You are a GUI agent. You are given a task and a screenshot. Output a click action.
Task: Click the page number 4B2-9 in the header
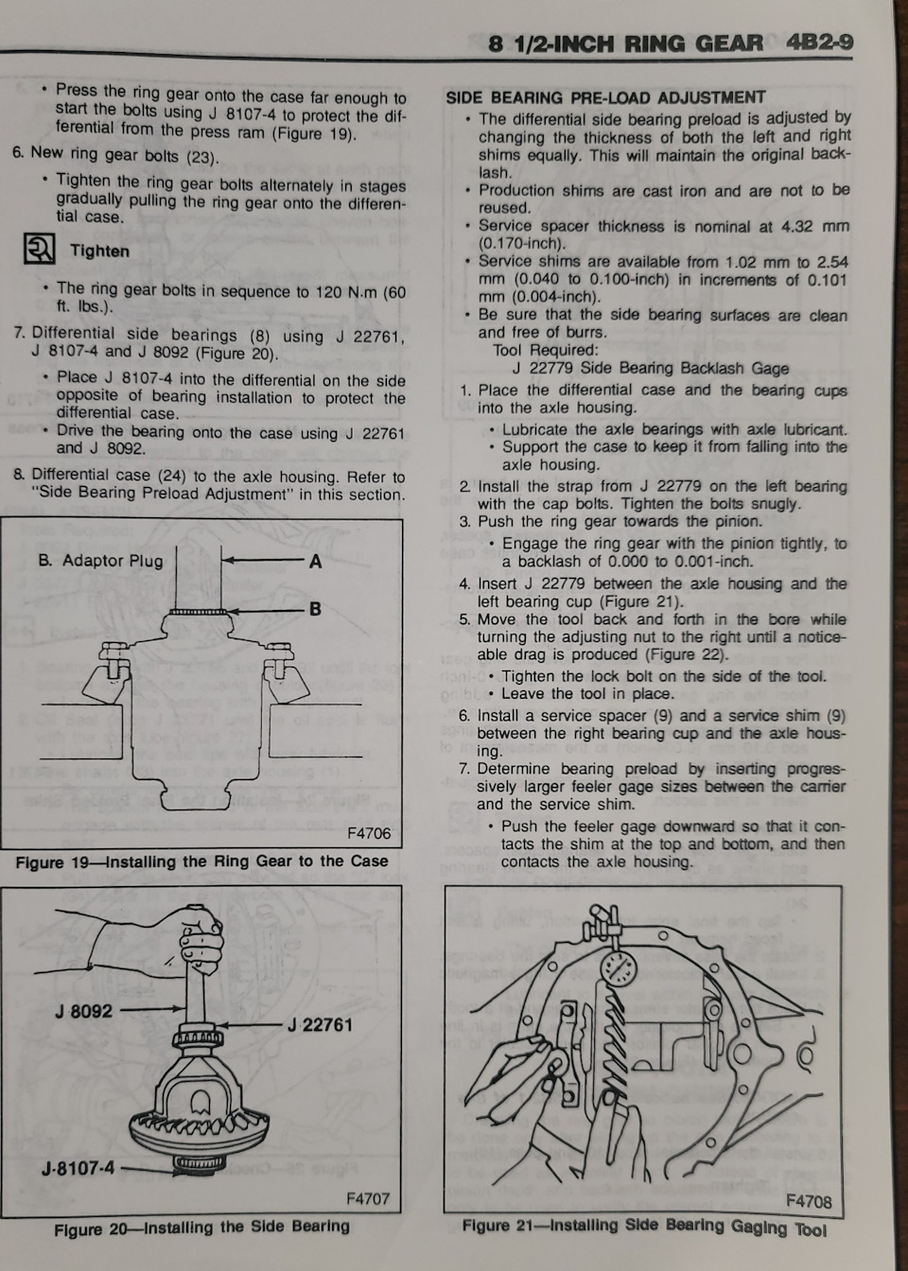click(818, 44)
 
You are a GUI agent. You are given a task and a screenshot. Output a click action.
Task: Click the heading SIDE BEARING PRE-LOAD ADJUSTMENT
click(605, 97)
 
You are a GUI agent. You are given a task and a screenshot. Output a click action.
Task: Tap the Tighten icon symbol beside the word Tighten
click(40, 251)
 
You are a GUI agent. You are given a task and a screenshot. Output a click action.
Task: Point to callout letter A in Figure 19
click(316, 562)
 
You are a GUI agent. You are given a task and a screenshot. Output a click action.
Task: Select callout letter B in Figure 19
click(315, 609)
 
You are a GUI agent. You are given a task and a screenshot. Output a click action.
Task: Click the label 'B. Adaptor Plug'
click(100, 561)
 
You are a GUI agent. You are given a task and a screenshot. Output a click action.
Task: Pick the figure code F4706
click(368, 833)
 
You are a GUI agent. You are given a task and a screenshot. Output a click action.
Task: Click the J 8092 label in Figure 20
click(83, 1011)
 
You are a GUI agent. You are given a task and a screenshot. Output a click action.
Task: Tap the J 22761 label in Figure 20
click(320, 1024)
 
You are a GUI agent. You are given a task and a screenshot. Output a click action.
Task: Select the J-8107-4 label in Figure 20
click(78, 1168)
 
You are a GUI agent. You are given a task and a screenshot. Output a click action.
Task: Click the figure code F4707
click(368, 1198)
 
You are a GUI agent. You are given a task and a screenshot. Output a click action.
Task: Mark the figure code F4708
click(809, 1201)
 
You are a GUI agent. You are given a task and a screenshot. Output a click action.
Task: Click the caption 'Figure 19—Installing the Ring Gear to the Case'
click(201, 862)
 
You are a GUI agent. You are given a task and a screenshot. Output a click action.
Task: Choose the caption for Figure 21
click(643, 1227)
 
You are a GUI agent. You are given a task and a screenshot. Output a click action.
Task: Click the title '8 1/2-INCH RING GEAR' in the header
click(625, 44)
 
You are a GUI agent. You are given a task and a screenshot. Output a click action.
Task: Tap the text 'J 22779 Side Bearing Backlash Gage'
click(650, 368)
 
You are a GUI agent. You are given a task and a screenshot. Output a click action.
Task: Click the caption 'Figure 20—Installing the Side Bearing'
click(201, 1227)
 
